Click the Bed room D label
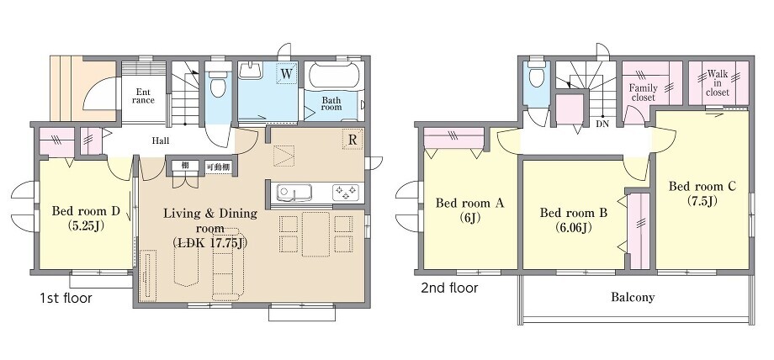click(x=86, y=218)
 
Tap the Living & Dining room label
click(x=210, y=228)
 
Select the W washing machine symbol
click(x=287, y=74)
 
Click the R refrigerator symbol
click(x=353, y=140)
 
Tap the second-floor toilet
click(x=536, y=74)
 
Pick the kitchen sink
click(x=294, y=192)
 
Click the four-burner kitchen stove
click(x=346, y=192)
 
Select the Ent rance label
click(x=144, y=96)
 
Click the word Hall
click(x=160, y=140)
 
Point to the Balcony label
click(x=633, y=297)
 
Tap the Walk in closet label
click(x=718, y=83)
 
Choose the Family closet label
click(x=644, y=93)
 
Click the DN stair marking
click(x=602, y=124)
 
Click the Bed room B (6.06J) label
click(x=573, y=220)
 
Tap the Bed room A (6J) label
click(x=469, y=210)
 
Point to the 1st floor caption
click(x=66, y=299)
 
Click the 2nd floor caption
click(x=449, y=288)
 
